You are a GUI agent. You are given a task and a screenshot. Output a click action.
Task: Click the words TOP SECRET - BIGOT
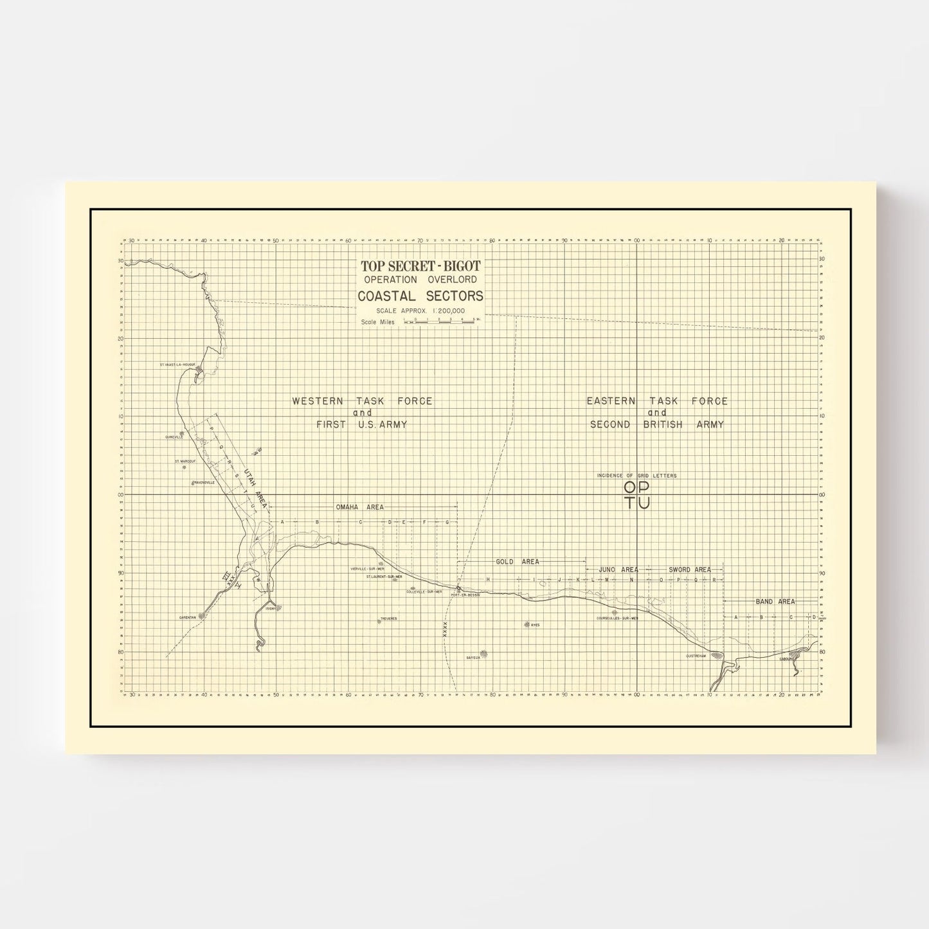point(420,266)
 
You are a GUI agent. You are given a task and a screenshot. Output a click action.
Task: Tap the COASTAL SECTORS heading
point(420,296)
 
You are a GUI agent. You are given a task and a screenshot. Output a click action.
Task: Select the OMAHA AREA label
point(360,507)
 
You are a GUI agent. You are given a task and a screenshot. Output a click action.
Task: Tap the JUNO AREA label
point(618,570)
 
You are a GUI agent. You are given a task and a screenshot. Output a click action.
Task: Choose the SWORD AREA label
point(689,570)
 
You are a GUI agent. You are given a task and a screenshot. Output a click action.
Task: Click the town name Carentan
point(188,617)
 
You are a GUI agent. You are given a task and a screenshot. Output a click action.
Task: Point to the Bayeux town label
point(474,657)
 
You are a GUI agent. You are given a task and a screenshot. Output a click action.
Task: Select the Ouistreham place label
point(696,656)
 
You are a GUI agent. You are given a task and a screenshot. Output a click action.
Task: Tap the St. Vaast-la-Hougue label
point(177,365)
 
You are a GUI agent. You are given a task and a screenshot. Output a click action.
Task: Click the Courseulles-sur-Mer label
point(617,618)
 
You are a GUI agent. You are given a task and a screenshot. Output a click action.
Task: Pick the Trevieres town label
point(388,618)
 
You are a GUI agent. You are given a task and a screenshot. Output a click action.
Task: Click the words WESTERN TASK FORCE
point(362,401)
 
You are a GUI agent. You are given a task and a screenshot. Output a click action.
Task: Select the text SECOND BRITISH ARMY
point(657,424)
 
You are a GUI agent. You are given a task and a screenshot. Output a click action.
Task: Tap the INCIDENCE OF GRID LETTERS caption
point(636,476)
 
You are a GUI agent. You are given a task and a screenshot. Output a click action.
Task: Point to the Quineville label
point(174,437)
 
